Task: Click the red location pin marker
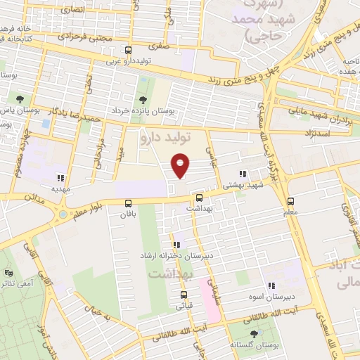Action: point(181,165)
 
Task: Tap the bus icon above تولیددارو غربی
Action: point(128,51)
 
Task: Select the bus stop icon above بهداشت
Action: point(199,198)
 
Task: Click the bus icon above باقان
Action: point(128,202)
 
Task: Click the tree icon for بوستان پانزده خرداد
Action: point(143,100)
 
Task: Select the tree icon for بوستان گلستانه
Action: point(253,333)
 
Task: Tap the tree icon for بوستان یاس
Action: point(18,99)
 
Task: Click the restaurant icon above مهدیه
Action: point(61,178)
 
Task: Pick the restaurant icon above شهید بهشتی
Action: point(243,174)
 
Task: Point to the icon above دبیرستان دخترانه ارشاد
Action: point(176,245)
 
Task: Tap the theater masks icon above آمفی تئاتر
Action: point(8,272)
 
